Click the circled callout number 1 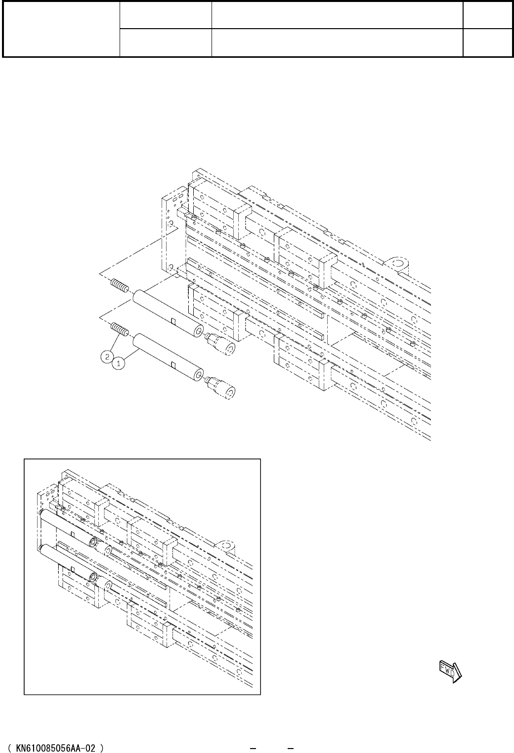[118, 363]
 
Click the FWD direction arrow [450, 670]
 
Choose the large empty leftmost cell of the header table [61, 29]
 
